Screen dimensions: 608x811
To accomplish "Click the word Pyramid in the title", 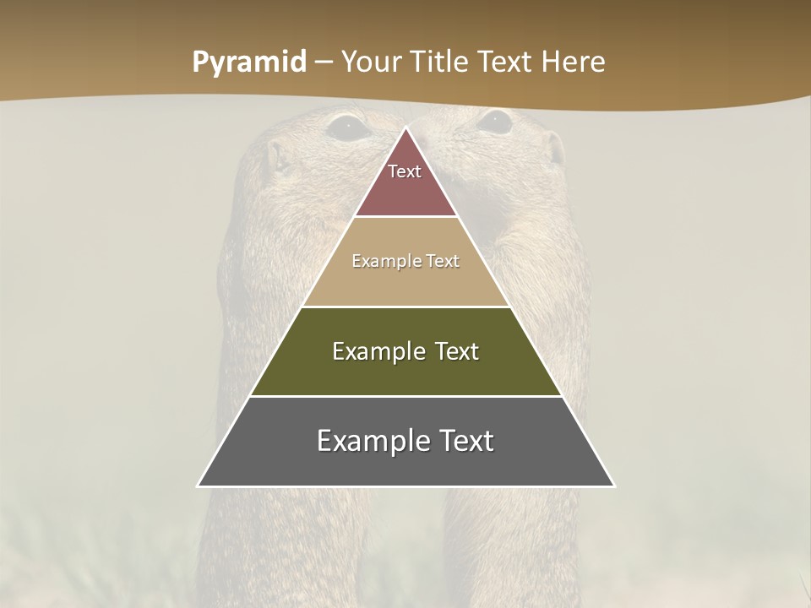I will [x=248, y=62].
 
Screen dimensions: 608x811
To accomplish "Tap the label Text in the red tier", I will [x=405, y=171].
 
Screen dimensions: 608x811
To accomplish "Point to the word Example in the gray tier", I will [x=369, y=441].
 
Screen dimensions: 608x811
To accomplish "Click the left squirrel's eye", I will [x=348, y=128].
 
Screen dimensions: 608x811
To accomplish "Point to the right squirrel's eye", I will [x=494, y=122].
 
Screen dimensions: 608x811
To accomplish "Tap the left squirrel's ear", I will [x=275, y=156].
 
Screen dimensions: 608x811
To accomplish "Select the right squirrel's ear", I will [x=555, y=149].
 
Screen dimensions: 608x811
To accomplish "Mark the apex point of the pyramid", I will [x=406, y=128].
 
